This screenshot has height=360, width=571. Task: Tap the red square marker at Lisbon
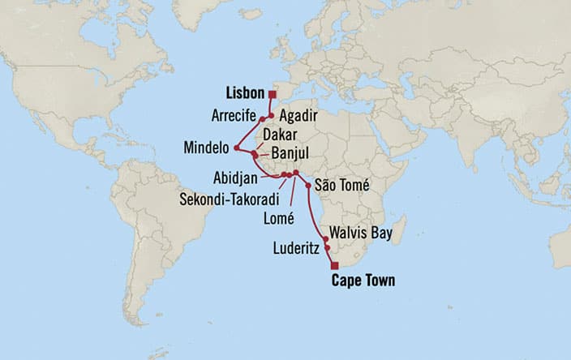272,94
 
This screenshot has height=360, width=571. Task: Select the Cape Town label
363,281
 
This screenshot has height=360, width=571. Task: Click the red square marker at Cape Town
334,265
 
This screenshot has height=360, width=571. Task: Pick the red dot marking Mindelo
236,148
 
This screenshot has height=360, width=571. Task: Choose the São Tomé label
341,187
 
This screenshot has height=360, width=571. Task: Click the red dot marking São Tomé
308,186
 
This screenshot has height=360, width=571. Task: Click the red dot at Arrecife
262,120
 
